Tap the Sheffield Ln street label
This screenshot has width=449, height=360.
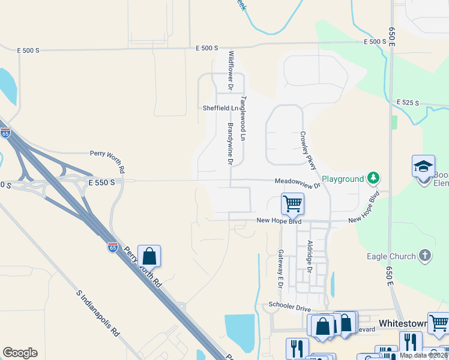pyautogui.click(x=220, y=108)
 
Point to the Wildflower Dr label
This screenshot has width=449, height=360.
pyautogui.click(x=231, y=70)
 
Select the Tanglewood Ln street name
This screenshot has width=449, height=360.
pyautogui.click(x=244, y=118)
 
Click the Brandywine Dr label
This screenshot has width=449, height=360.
pyautogui.click(x=231, y=143)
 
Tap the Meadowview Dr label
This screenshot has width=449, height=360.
pyautogui.click(x=298, y=181)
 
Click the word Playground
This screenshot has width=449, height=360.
pyautogui.click(x=343, y=179)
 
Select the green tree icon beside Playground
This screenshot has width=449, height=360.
pyautogui.click(x=374, y=178)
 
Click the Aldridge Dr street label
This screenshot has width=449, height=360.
pyautogui.click(x=310, y=257)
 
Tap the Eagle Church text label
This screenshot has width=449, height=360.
pyautogui.click(x=391, y=256)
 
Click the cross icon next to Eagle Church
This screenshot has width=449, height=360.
pyautogui.click(x=425, y=256)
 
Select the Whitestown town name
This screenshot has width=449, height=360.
pyautogui.click(x=402, y=323)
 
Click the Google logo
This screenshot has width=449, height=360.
pyautogui.click(x=20, y=353)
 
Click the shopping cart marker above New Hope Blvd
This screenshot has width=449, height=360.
pyautogui.click(x=292, y=203)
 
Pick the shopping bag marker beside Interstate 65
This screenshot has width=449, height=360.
pyautogui.click(x=149, y=256)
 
